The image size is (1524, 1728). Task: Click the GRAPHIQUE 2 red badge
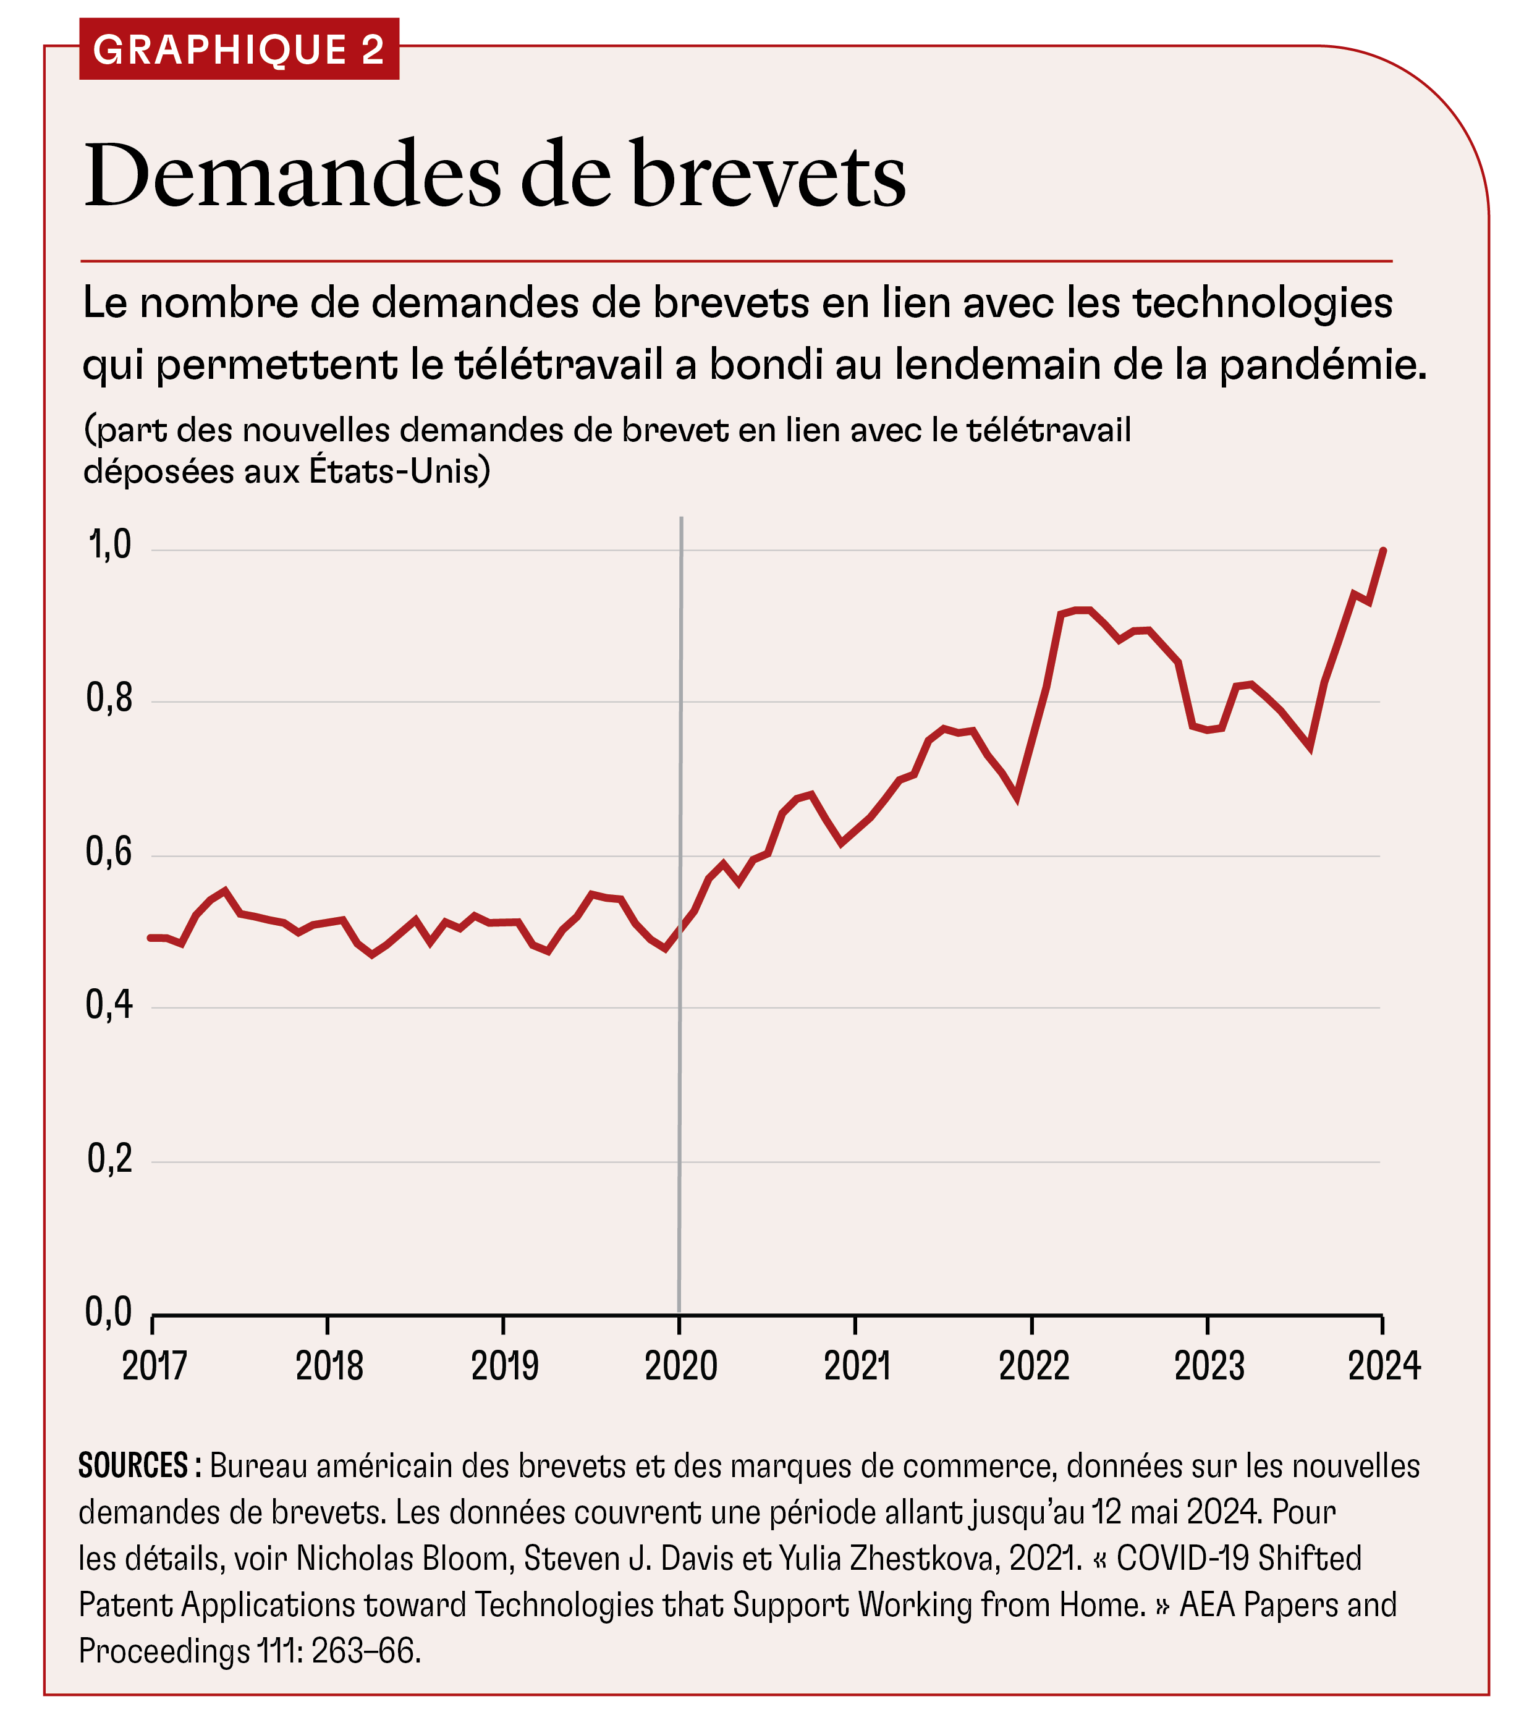point(239,49)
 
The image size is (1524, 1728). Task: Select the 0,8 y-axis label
point(110,698)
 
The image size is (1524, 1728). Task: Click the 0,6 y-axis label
point(110,852)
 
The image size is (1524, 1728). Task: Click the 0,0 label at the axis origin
point(110,1311)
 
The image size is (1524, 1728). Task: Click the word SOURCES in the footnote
point(133,1466)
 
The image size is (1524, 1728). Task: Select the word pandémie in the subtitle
point(1321,365)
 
